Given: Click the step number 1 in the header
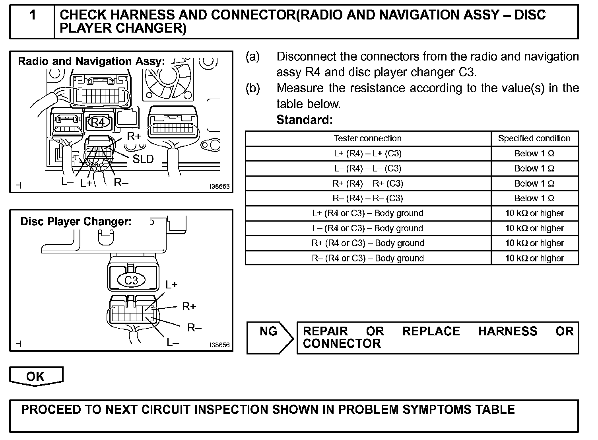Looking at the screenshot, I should (x=33, y=16).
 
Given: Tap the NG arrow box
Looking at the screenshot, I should (x=269, y=337).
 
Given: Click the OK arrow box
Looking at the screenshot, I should (x=36, y=376).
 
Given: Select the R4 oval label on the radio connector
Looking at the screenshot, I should (x=98, y=122).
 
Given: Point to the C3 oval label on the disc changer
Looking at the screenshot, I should (x=131, y=280).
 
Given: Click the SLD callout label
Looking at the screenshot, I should (x=143, y=159).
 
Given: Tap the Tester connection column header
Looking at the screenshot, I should (x=368, y=138).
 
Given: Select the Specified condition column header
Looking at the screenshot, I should (x=534, y=138).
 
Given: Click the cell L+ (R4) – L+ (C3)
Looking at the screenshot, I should (x=368, y=154).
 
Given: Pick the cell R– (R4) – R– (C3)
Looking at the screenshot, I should (x=368, y=199).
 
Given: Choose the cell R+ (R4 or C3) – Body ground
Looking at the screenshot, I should (x=368, y=243).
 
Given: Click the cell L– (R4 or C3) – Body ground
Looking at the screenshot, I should (x=368, y=228).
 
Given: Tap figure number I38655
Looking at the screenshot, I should (x=219, y=186).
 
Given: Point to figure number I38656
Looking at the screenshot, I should (x=219, y=345).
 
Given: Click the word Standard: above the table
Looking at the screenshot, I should (x=304, y=120).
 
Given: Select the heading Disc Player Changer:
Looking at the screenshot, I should (x=76, y=222).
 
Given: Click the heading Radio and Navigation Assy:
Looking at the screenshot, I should (x=91, y=61).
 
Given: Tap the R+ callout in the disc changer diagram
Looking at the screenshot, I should (x=189, y=307).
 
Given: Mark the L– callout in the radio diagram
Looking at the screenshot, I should (x=67, y=182).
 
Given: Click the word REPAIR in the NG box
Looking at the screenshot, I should (x=325, y=331).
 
